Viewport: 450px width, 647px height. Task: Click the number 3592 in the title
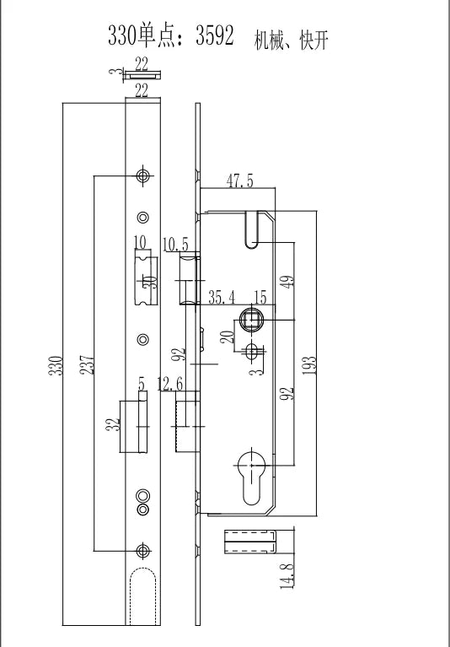pyautogui.click(x=215, y=35)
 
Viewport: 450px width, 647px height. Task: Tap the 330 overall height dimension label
pyautogui.click(x=56, y=365)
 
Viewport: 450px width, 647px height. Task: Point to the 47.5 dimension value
pyautogui.click(x=240, y=181)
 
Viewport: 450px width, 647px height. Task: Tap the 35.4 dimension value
pyautogui.click(x=222, y=297)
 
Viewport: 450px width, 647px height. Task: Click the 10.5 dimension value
pyautogui.click(x=175, y=245)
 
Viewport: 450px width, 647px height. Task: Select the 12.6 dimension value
pyautogui.click(x=170, y=384)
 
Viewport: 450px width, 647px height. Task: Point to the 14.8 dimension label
pyautogui.click(x=287, y=575)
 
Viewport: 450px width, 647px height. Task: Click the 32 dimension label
pyautogui.click(x=113, y=424)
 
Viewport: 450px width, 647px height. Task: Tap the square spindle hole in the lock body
pyautogui.click(x=251, y=320)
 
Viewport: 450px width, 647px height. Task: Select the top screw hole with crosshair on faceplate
pyautogui.click(x=143, y=175)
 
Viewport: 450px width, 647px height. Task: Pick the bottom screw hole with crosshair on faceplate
pyautogui.click(x=143, y=550)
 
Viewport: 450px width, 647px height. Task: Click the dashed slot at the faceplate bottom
pyautogui.click(x=143, y=596)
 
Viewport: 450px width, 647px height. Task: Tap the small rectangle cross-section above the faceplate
pyautogui.click(x=142, y=75)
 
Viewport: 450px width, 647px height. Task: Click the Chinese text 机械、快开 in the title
pyautogui.click(x=292, y=40)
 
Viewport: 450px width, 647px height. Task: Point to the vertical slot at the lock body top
pyautogui.click(x=252, y=229)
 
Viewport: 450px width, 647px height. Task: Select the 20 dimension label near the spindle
pyautogui.click(x=227, y=337)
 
